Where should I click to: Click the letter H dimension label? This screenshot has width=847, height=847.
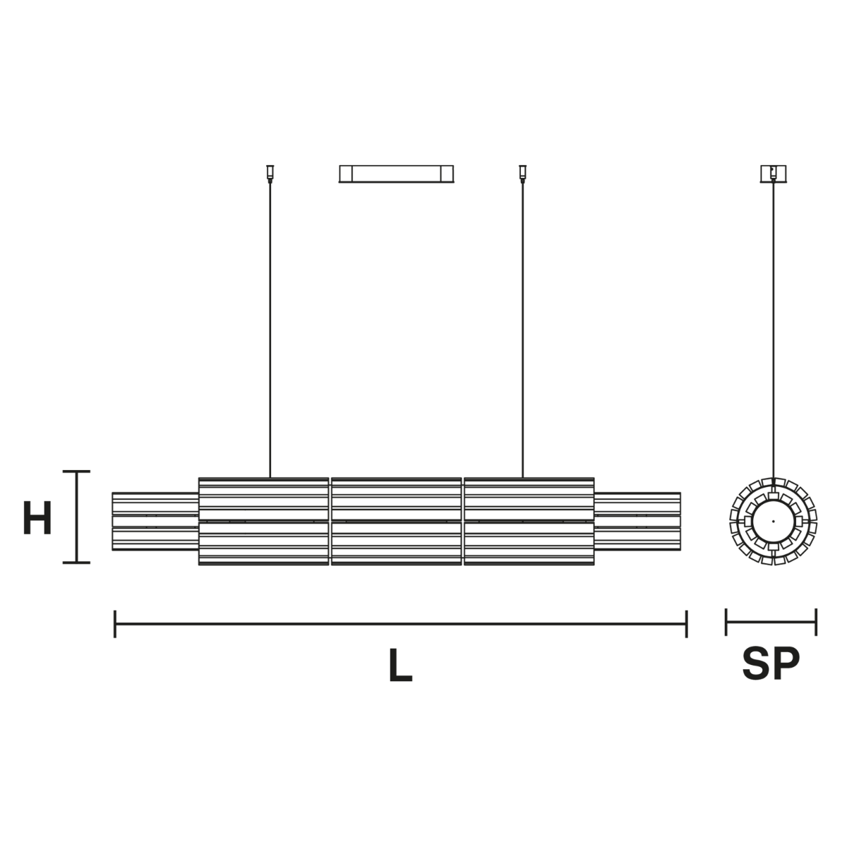37,517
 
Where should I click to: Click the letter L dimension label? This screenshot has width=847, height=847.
400,665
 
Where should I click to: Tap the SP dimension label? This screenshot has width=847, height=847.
771,663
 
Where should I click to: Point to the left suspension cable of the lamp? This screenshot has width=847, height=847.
270,330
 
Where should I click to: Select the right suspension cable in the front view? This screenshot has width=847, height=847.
522,330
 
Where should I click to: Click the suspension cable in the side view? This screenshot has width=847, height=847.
774,330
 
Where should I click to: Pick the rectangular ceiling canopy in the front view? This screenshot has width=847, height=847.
396,174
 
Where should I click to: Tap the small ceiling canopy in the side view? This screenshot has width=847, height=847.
774,174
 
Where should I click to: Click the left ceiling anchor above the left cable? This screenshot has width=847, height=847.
270,174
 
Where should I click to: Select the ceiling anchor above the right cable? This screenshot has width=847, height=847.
522,174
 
